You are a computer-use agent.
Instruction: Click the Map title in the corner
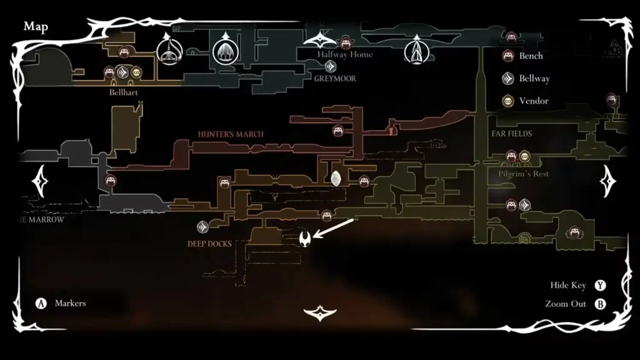(36, 27)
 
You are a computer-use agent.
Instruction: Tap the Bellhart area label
(123, 92)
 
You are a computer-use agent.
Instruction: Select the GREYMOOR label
(335, 79)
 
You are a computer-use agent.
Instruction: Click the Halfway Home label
(345, 55)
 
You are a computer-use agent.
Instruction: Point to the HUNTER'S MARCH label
(231, 134)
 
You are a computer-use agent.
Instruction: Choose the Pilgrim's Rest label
(524, 174)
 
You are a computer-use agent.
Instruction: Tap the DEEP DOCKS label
(210, 243)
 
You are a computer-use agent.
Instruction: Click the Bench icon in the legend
(509, 56)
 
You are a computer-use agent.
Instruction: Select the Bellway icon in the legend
(509, 79)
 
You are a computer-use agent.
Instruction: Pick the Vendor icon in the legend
(509, 101)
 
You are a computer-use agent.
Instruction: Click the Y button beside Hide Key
(601, 286)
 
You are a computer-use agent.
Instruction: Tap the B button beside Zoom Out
(601, 304)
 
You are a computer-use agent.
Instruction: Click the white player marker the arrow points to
(306, 238)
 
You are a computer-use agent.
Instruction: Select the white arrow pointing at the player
(334, 227)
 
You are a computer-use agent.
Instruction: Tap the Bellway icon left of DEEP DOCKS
(203, 227)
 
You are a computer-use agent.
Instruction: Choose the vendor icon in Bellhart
(136, 72)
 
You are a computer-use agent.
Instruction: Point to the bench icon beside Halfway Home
(344, 42)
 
